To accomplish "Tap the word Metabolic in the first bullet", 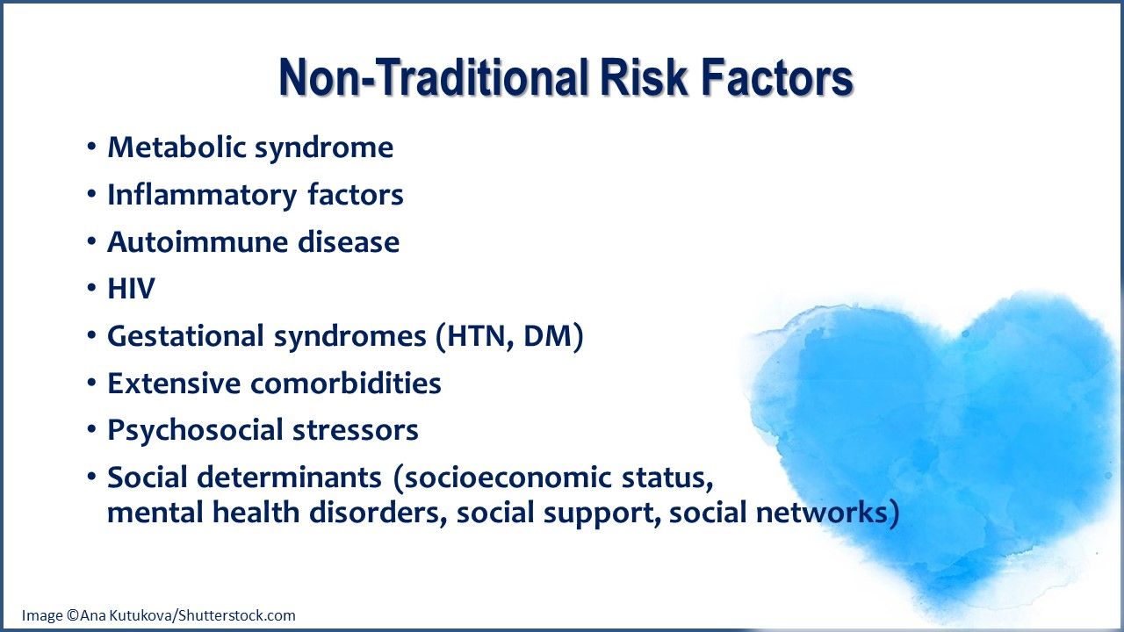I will (x=177, y=147).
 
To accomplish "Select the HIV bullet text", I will (x=131, y=290).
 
